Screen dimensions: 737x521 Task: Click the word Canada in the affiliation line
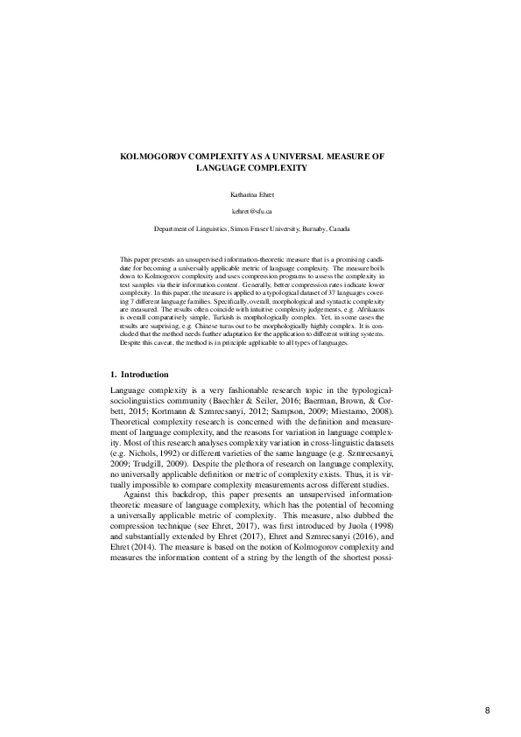[x=340, y=228]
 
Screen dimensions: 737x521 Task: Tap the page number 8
[x=487, y=711]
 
